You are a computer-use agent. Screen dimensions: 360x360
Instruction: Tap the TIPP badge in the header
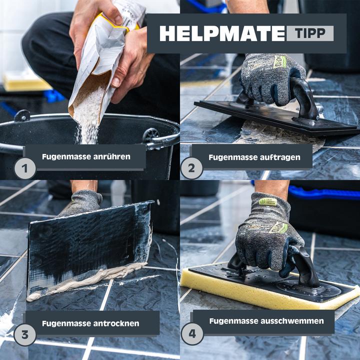310,33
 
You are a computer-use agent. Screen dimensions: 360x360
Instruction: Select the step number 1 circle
24,168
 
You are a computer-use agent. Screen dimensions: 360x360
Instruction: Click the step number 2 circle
191,168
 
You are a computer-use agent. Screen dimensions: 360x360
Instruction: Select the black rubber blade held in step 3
85,245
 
